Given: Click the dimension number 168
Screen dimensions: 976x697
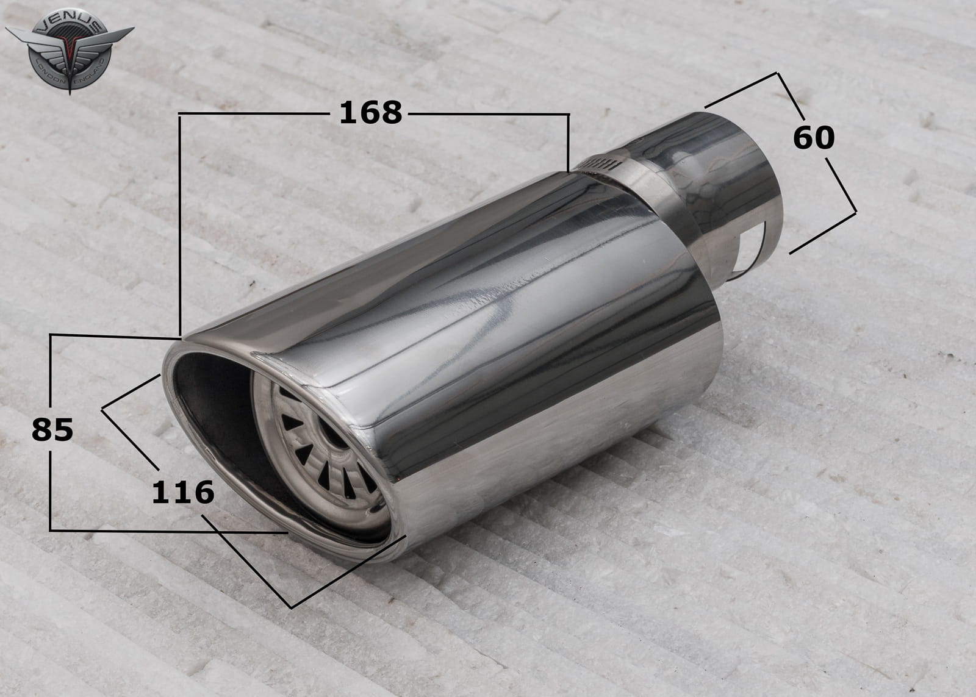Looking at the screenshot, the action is coord(370,113).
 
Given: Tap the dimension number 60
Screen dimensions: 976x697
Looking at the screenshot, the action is coord(814,138).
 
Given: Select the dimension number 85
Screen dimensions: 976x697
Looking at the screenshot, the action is coord(52,429).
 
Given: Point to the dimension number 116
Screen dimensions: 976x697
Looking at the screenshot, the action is coord(183,492).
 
